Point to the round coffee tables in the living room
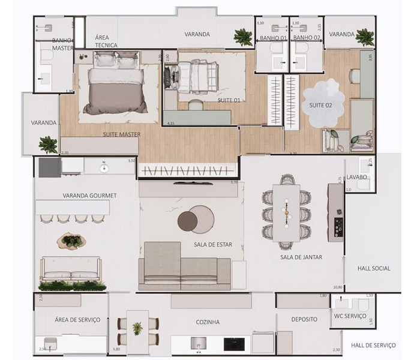[196, 220]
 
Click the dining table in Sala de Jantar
[286, 212]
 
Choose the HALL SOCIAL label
[373, 268]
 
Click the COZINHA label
[208, 322]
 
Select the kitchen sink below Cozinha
[199, 344]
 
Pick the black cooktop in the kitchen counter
[234, 344]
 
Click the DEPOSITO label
[304, 320]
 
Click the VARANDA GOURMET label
[89, 196]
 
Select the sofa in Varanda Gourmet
[71, 269]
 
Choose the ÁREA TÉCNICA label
[106, 41]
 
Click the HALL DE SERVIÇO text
[374, 346]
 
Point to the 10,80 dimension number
[338, 287]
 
